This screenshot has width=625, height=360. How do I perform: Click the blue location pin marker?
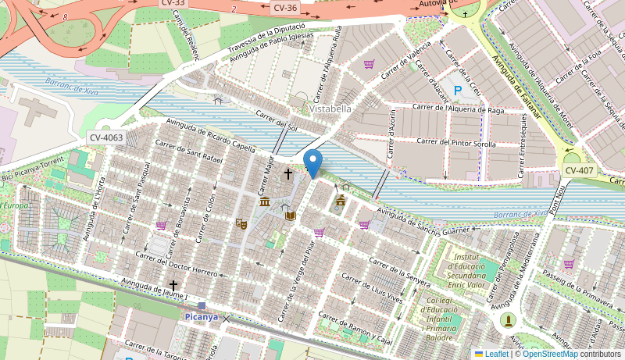(x=312, y=163)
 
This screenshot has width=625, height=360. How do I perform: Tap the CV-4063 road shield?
(x=106, y=137)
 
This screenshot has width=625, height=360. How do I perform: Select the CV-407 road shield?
(x=579, y=170)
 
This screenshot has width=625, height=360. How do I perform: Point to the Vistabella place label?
(x=330, y=109)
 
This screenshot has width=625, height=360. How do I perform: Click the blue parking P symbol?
(x=458, y=91)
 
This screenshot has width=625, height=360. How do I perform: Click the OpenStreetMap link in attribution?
(x=550, y=354)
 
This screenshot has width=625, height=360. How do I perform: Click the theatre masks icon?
(x=241, y=224)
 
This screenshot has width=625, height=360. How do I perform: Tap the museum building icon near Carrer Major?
(x=265, y=202)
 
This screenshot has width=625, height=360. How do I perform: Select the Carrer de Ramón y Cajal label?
(x=355, y=330)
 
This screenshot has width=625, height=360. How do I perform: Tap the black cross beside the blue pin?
(x=288, y=173)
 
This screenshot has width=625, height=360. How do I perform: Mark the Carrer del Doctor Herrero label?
(x=177, y=264)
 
